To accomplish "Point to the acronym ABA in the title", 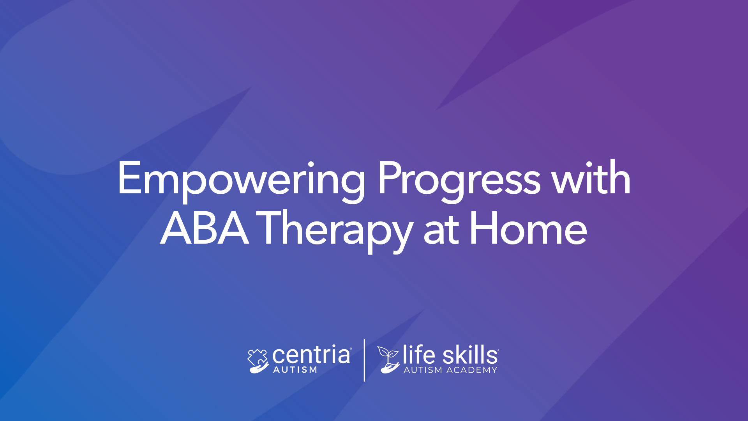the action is point(205,228).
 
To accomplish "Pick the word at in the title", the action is point(441,232).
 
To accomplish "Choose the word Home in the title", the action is point(528,228).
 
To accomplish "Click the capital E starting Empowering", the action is point(129,178).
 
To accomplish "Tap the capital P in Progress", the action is point(389,178).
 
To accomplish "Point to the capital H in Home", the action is point(483,228).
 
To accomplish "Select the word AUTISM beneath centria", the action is point(295,370).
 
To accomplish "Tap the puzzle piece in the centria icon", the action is point(258,356).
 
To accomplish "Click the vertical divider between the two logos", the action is point(364,360).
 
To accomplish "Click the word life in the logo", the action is point(419,354).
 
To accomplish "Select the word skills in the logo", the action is point(470,354).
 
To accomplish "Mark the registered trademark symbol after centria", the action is point(351,349).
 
